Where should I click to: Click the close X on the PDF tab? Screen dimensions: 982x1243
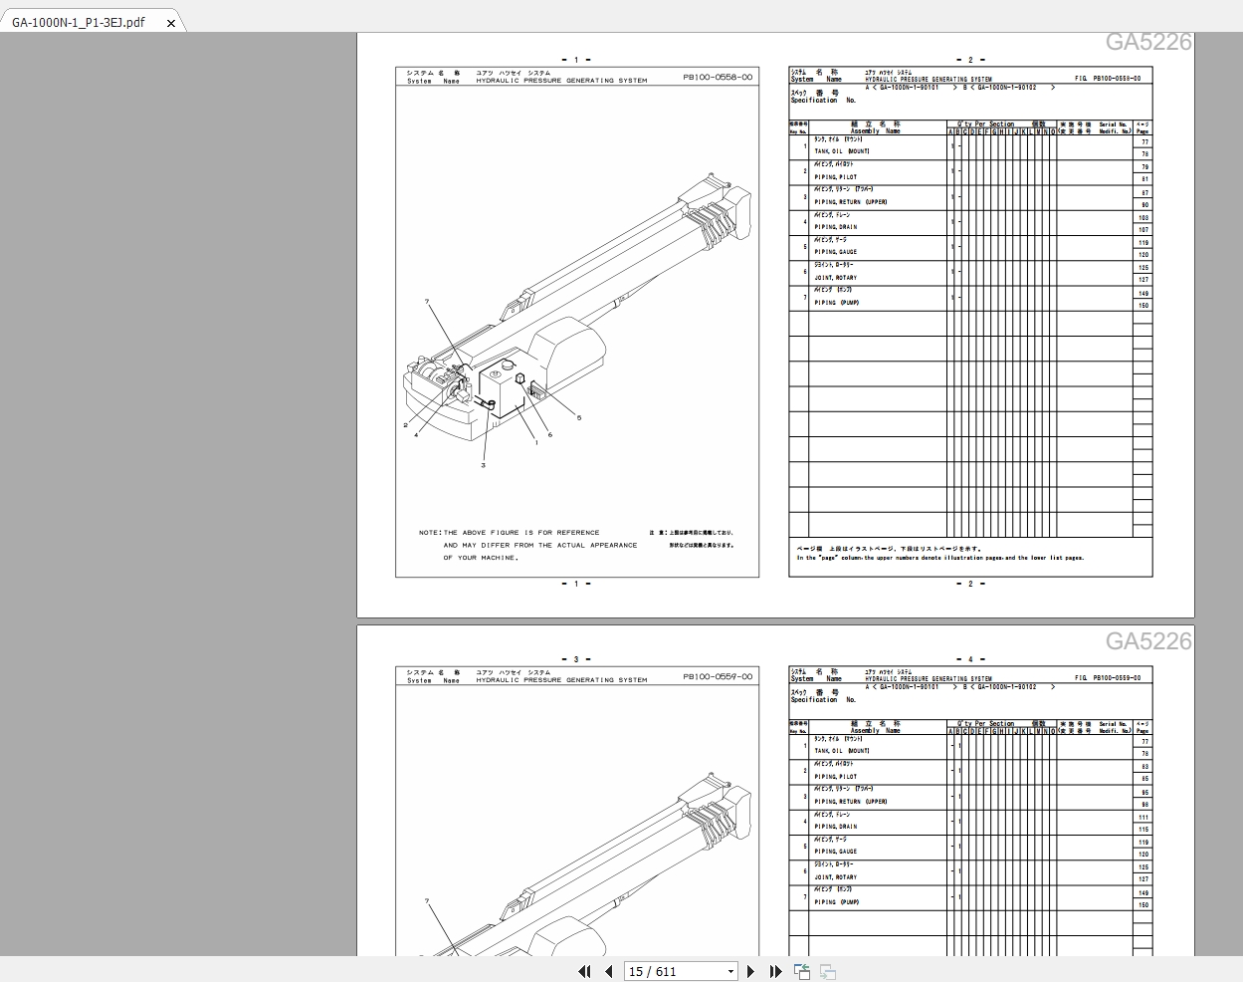[x=170, y=23]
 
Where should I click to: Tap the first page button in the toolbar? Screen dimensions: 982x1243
[x=584, y=971]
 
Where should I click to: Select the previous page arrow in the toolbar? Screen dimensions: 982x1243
[x=607, y=971]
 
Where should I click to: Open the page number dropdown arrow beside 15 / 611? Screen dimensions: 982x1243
[x=730, y=971]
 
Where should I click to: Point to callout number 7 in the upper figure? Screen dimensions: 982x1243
[x=426, y=302]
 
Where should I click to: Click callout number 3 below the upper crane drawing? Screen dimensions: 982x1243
[x=484, y=465]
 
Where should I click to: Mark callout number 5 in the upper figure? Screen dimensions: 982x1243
[x=579, y=417]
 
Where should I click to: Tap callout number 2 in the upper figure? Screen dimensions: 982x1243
[x=405, y=425]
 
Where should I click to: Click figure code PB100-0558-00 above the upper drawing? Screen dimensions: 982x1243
[x=718, y=77]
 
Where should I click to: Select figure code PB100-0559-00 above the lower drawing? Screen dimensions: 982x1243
[x=718, y=676]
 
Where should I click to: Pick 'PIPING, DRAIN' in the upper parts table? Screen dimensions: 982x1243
[x=835, y=227]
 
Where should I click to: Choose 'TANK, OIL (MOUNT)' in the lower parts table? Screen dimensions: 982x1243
[x=842, y=751]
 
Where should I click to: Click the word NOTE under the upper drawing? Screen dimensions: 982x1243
[x=429, y=533]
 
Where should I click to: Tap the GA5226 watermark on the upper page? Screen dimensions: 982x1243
[x=1147, y=42]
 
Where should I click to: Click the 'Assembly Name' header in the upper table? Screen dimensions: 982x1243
[x=875, y=131]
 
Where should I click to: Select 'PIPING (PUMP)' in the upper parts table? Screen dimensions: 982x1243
[x=836, y=303]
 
